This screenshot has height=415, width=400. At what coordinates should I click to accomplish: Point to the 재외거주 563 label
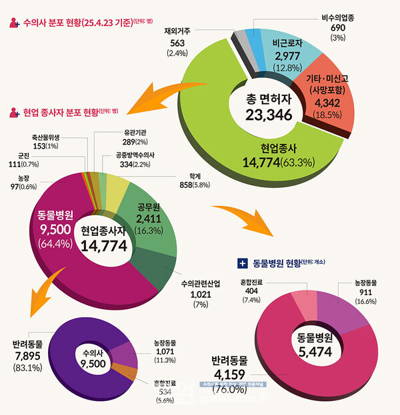177,44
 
